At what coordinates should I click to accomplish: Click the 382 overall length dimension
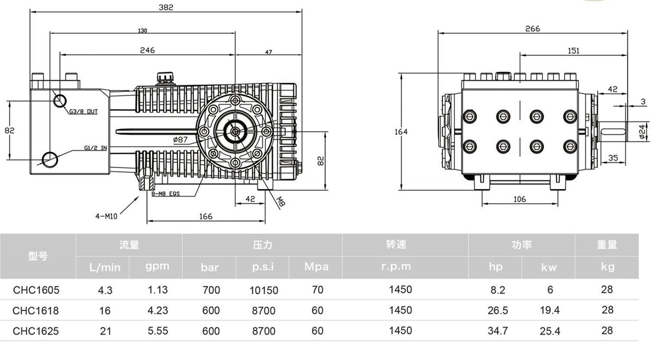tap(166, 8)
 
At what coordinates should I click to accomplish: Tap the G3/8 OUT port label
tap(84, 111)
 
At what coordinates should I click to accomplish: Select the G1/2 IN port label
tap(96, 148)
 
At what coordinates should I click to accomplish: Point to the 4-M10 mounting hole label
tap(106, 216)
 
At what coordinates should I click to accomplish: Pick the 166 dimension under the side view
tap(205, 217)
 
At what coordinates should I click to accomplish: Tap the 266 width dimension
tap(532, 29)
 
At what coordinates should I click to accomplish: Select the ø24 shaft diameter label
tap(642, 130)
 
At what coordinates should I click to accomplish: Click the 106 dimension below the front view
tap(519, 199)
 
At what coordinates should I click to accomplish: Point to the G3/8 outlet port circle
tap(60, 101)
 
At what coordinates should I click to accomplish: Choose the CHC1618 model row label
tap(36, 311)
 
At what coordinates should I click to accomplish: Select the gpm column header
tap(157, 266)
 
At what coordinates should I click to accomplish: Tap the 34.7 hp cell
tap(497, 331)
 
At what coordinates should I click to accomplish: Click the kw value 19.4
tap(550, 311)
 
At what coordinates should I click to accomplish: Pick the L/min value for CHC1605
tap(105, 290)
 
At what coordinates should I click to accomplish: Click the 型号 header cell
tap(38, 256)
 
